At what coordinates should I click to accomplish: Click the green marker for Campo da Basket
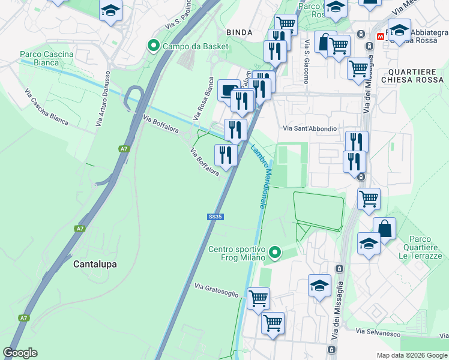[154, 46]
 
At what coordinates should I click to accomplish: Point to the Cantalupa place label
[95, 264]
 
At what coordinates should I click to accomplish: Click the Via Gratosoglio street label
[216, 290]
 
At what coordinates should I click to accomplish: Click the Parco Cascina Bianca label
[46, 58]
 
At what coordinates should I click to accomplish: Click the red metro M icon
[381, 36]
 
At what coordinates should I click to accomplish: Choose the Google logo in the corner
[20, 353]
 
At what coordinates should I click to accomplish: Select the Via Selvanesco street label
[378, 332]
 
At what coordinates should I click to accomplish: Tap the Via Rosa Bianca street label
[202, 97]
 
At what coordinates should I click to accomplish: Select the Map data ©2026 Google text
[412, 355]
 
